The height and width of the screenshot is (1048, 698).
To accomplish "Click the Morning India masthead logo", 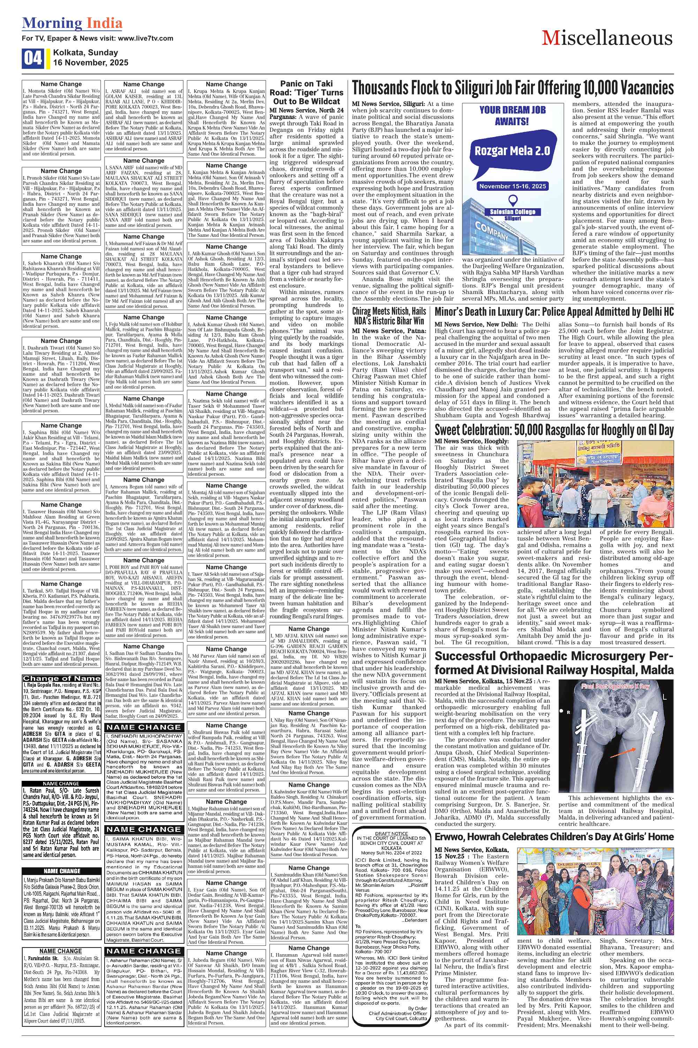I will tap(72, 23).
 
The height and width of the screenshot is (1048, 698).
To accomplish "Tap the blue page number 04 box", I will tap(32, 58).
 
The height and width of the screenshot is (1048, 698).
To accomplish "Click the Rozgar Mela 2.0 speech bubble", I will tap(511, 150).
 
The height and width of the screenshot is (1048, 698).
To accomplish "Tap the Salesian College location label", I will tap(513, 212).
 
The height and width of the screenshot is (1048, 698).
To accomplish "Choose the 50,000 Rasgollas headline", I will tap(554, 430).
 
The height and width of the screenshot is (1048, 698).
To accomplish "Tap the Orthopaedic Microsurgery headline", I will tap(554, 663).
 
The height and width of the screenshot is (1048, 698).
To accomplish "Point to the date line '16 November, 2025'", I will tap(91, 62).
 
